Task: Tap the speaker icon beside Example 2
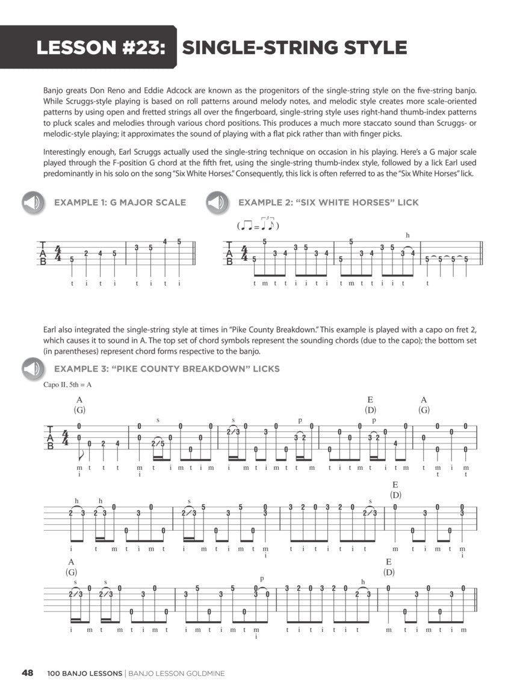(x=217, y=202)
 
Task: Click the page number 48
(x=26, y=673)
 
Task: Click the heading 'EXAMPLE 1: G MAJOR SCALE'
(x=120, y=202)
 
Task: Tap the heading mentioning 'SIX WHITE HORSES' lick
(x=328, y=202)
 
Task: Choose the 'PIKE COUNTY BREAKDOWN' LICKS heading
(x=167, y=369)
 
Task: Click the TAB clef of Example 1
(x=43, y=253)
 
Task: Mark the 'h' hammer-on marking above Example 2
(x=407, y=234)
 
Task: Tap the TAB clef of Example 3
(x=50, y=437)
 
